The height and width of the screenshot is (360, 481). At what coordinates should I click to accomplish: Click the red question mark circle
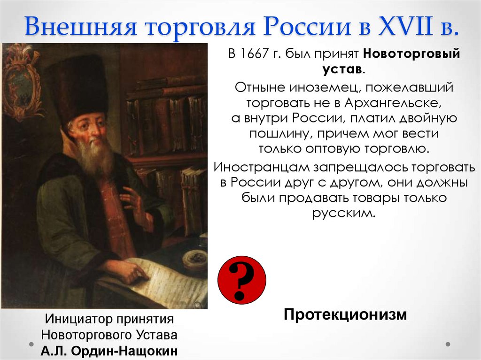click(x=241, y=280)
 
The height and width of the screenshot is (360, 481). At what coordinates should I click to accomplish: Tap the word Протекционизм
click(x=345, y=314)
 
